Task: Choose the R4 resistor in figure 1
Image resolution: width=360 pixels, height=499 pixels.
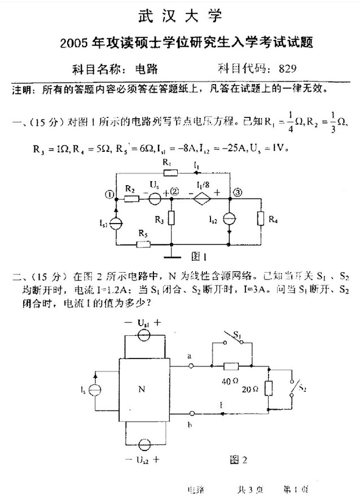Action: click(x=261, y=217)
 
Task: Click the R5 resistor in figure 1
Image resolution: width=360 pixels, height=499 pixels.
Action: click(x=143, y=244)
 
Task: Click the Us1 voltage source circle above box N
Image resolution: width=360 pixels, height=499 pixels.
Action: click(x=144, y=334)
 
